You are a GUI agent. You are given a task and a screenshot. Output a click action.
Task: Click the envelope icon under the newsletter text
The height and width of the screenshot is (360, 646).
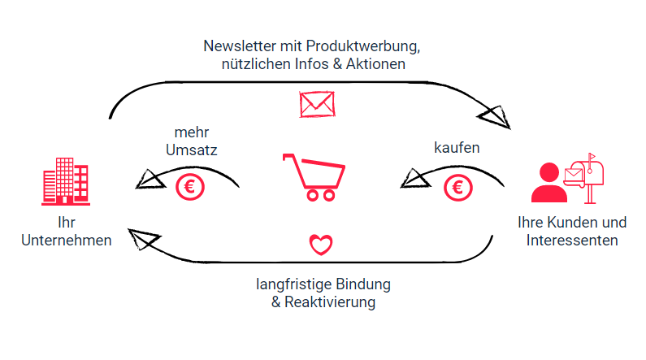point(317,104)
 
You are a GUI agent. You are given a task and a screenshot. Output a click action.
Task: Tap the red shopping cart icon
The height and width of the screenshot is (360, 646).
point(314,176)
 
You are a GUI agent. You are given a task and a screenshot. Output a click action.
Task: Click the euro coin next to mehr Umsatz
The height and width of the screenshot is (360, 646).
point(190,188)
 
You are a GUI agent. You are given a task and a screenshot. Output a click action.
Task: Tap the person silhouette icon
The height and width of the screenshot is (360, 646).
point(548,184)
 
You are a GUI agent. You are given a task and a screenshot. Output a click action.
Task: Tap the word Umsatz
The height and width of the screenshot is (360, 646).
point(191,150)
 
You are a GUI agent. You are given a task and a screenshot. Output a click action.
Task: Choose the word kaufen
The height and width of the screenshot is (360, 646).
point(457,149)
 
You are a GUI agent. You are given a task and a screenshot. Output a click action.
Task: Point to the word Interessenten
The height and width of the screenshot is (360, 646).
point(572,240)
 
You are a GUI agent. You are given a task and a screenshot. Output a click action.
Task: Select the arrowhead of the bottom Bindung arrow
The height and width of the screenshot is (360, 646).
point(145,239)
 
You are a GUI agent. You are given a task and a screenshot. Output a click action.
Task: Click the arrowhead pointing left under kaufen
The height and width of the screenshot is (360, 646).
point(415,177)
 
